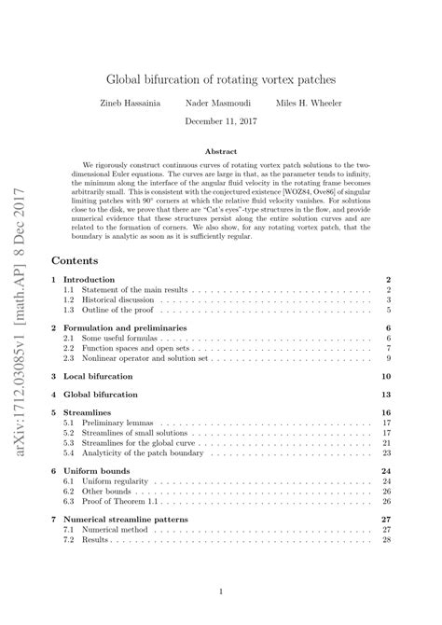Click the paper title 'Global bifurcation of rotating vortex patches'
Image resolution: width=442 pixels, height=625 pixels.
221,82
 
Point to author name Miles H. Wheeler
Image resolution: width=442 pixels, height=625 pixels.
297,104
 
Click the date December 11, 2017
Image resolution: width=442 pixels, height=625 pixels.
221,121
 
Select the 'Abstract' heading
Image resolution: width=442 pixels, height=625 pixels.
221,149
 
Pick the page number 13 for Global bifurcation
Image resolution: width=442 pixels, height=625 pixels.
385,395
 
